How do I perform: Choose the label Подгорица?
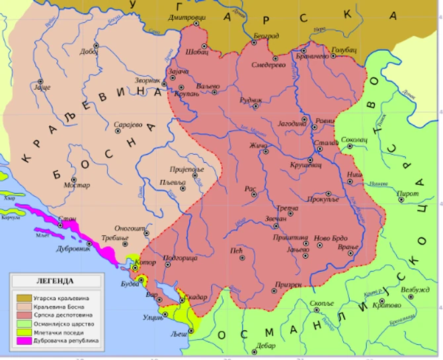pos(179,258)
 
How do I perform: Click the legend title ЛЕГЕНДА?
pos(56,281)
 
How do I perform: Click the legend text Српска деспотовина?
pos(64,315)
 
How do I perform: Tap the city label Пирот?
pos(408,194)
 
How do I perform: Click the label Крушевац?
pos(305,165)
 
